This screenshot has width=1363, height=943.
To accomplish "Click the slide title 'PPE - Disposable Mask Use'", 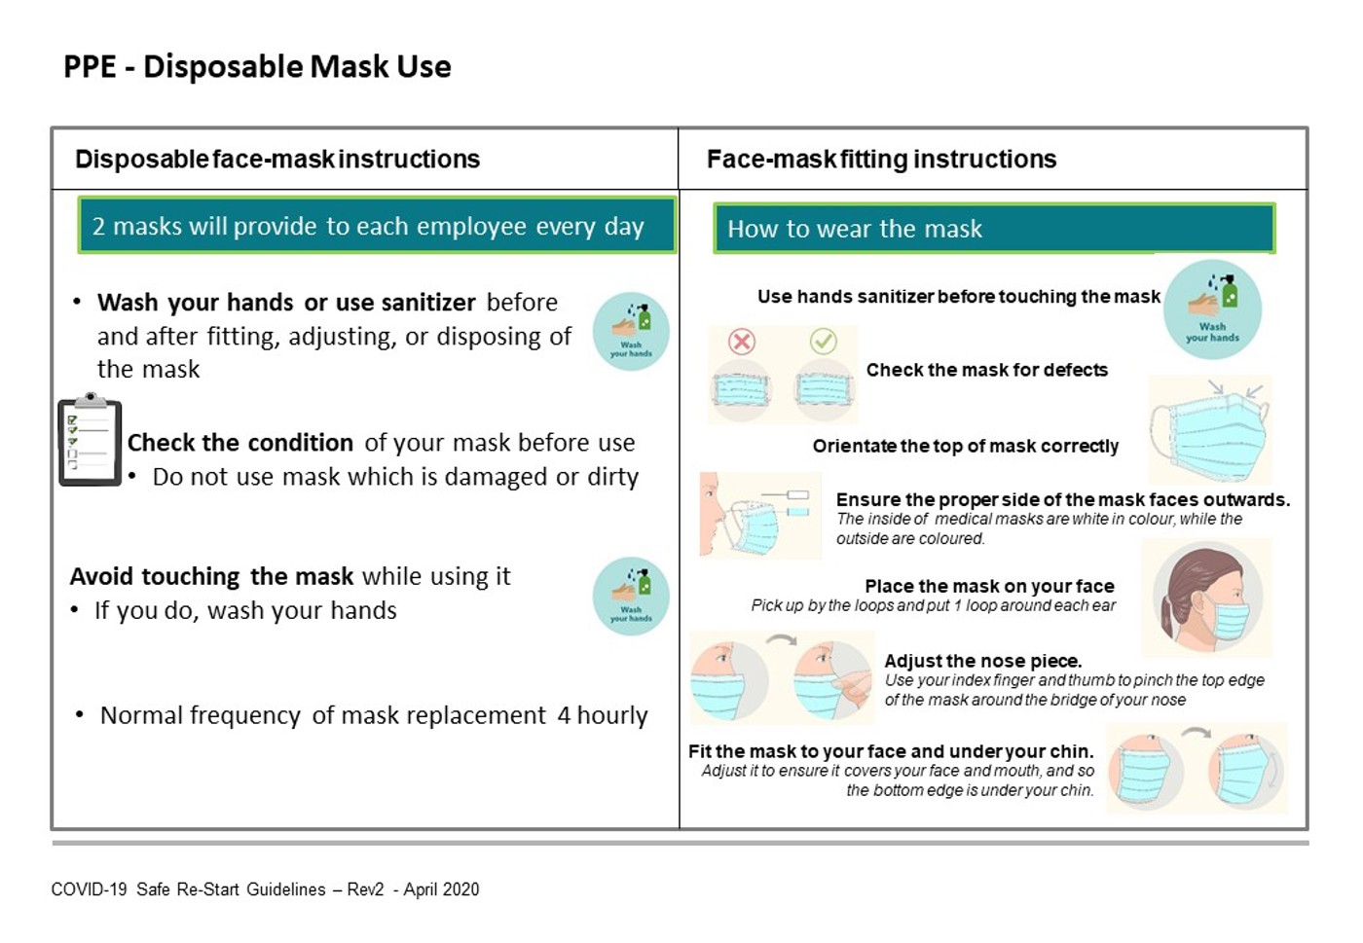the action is [257, 66].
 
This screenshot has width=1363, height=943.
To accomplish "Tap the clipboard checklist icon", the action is [90, 440].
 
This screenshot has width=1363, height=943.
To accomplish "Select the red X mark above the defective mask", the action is [742, 342].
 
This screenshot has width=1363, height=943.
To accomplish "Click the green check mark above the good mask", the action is [824, 342].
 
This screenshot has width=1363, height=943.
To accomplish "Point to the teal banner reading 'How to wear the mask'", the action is [994, 229].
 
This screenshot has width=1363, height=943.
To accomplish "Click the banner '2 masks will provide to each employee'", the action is [378, 226].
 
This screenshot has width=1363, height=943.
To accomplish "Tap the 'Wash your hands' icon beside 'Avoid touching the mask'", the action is [631, 597].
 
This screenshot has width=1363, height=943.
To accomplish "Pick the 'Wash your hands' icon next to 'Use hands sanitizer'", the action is [1212, 309].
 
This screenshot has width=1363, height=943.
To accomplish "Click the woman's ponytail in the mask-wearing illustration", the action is [1167, 614].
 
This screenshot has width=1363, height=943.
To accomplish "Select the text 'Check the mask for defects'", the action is [987, 370].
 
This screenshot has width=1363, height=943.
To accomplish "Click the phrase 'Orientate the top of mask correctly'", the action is [966, 446].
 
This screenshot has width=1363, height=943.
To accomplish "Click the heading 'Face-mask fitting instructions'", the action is [882, 160].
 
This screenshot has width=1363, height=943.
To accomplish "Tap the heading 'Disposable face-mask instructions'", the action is [277, 160].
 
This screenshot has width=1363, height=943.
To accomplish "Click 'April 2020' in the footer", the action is [441, 889].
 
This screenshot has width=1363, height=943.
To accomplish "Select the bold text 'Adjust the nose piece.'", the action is [982, 661].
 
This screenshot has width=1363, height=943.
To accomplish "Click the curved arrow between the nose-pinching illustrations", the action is [781, 639].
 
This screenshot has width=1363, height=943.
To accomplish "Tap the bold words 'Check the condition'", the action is [240, 443].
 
